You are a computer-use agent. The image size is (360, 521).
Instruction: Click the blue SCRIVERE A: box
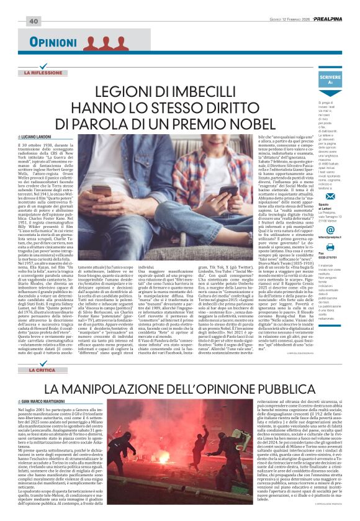point(330,79)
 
